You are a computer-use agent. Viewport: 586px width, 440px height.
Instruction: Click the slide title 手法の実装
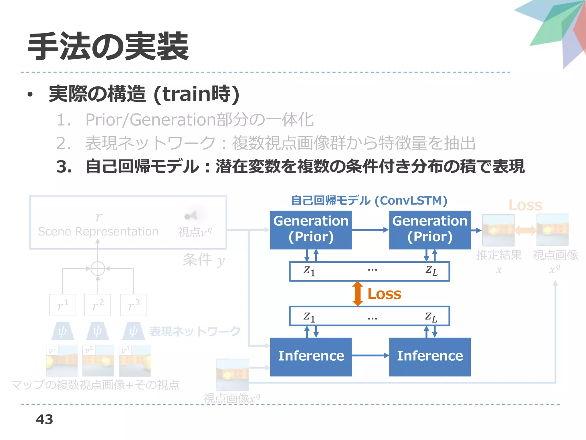108,46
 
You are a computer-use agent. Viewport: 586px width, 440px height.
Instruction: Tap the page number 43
44,419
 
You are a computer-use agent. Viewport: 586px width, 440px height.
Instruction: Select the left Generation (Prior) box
311,230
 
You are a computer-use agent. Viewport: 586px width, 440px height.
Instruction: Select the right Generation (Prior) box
430,230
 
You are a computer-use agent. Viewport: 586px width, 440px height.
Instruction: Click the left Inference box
311,357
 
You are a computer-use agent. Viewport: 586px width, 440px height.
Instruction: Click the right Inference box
430,357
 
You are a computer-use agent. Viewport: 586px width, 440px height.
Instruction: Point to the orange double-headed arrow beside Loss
357,294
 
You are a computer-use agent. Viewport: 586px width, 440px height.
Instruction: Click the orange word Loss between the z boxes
384,294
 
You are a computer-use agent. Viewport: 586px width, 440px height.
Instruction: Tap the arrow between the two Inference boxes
370,355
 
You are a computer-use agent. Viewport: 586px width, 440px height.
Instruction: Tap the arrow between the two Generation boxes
370,229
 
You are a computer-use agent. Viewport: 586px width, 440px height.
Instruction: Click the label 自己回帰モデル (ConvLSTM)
369,201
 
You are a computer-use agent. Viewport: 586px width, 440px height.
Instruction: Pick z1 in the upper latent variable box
309,271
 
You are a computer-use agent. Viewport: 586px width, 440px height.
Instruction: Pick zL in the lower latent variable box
431,317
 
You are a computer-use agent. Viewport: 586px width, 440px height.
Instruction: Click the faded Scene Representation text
98,231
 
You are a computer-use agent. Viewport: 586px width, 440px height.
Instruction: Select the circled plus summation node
98,269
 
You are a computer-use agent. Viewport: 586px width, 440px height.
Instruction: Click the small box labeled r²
98,305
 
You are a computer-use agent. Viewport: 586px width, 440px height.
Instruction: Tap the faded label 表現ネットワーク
195,331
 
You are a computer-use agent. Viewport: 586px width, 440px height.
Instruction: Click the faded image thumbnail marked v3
135,361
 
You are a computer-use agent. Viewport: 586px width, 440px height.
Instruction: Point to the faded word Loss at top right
525,205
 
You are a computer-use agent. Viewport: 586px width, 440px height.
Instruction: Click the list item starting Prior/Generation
199,120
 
